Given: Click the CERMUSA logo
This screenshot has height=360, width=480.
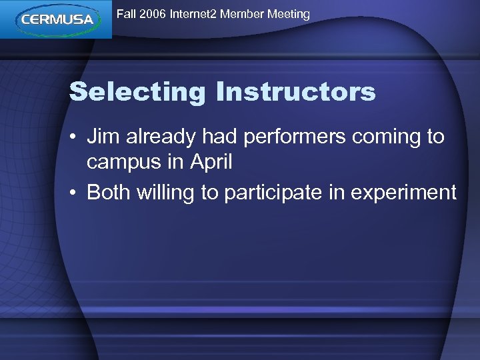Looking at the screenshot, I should tap(56, 19).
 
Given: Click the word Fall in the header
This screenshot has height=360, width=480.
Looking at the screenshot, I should tap(126, 14).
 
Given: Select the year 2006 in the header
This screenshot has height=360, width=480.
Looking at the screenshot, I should tap(153, 14).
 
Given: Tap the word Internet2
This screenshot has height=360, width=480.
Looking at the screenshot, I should tap(193, 14).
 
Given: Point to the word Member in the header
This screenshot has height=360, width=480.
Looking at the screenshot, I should tap(243, 14).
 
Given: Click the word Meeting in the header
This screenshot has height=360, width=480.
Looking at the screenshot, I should tap(289, 14).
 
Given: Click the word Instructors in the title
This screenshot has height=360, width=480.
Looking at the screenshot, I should tap(295, 91).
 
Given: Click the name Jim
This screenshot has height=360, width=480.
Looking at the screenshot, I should tap(101, 137).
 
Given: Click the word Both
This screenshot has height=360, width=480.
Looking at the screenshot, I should tap(109, 192).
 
